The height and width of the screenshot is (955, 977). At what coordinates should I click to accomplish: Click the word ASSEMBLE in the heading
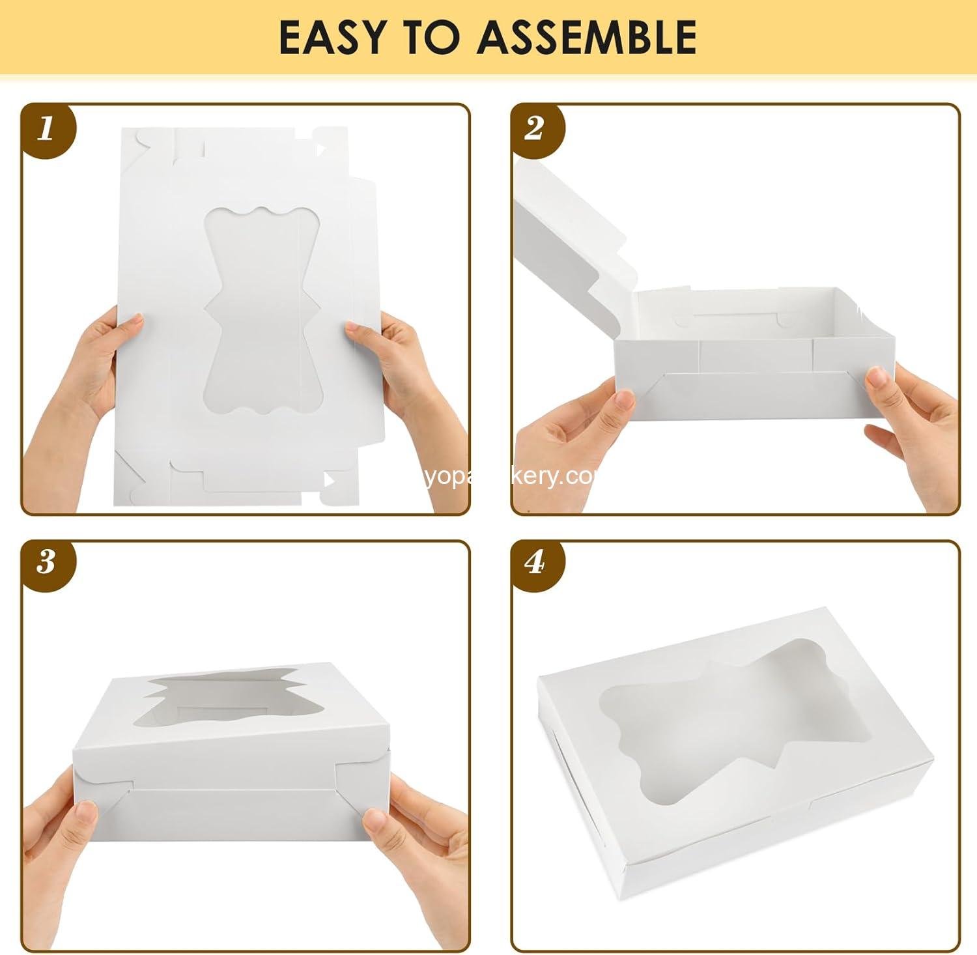tap(587, 37)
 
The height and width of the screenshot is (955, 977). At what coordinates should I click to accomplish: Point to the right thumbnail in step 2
tap(879, 377)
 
